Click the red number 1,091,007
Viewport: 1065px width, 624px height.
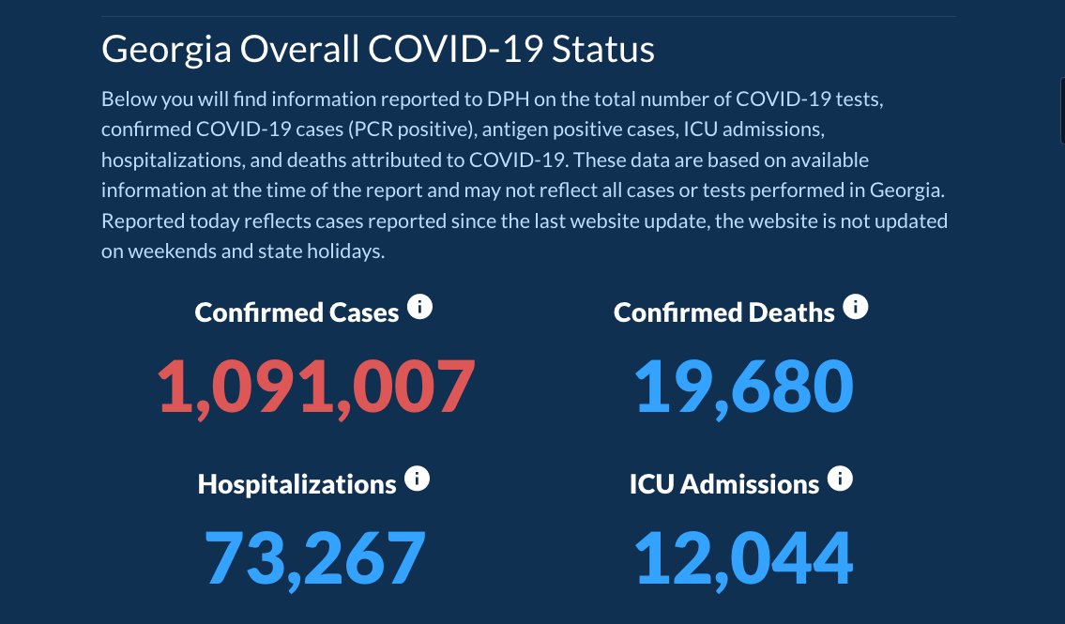coord(316,386)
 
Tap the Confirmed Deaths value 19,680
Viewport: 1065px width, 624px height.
coord(744,386)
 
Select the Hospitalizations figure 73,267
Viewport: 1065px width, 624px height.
coord(315,557)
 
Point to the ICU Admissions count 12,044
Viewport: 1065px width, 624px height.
coord(744,557)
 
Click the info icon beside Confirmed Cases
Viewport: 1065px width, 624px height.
coord(420,307)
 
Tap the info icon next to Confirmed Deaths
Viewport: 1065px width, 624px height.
coord(855,307)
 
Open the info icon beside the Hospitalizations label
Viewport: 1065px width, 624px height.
coord(417,479)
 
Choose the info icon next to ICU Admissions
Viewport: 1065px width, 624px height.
coord(840,479)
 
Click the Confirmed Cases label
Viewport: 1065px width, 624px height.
coord(297,312)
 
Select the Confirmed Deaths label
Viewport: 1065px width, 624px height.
coord(723,312)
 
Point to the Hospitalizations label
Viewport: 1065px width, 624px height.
coord(297,484)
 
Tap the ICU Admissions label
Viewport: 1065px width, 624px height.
coord(723,484)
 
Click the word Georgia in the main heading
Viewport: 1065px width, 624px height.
coord(166,49)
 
